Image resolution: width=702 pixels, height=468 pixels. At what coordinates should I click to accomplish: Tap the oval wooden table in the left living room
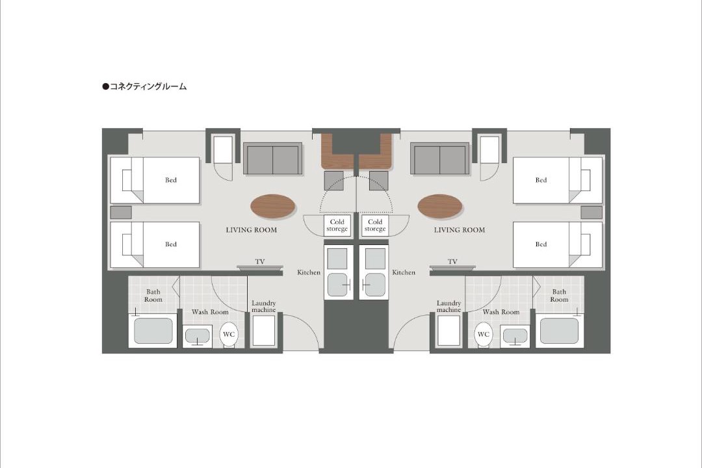272,207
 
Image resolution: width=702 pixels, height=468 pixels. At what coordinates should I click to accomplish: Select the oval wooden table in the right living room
439,207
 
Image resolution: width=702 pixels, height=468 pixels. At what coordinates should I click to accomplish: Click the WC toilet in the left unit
229,335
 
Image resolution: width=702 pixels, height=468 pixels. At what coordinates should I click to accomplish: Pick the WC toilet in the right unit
484,335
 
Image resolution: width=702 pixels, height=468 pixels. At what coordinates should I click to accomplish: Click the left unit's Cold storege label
337,226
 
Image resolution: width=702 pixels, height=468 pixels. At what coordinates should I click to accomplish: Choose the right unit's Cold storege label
375,226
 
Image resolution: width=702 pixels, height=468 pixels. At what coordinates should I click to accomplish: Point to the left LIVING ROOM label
251,230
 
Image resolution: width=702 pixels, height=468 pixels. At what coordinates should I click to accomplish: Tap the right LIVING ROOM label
460,230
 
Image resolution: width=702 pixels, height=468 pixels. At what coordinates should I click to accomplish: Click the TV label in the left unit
260,261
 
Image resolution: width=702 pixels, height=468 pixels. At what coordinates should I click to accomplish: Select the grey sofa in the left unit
272,159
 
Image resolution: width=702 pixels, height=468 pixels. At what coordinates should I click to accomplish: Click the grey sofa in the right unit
439,159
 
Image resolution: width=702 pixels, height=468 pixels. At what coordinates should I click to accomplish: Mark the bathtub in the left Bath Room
153,331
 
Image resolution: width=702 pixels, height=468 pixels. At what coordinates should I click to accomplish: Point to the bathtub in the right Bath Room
559,331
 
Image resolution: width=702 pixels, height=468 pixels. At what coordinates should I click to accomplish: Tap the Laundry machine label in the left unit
264,306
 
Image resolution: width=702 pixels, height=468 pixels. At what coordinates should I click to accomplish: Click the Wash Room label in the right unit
501,312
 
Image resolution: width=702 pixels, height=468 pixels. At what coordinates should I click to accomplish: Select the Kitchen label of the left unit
309,272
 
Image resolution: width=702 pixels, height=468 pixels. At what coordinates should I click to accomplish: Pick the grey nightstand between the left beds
121,213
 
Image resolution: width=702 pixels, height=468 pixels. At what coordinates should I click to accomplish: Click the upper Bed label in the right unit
541,180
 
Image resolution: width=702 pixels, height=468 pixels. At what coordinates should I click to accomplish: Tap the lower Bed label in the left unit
170,244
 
